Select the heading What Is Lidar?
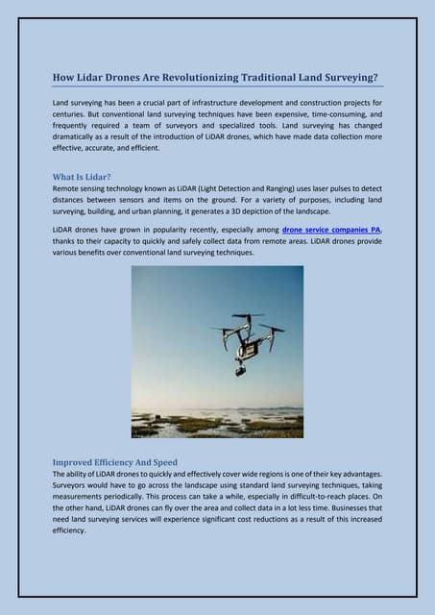pyautogui.click(x=82, y=177)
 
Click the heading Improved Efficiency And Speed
pyautogui.click(x=114, y=462)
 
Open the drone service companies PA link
pyautogui.click(x=331, y=230)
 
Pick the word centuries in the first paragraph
pyautogui.click(x=73, y=113)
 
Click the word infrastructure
pyautogui.click(x=208, y=101)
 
